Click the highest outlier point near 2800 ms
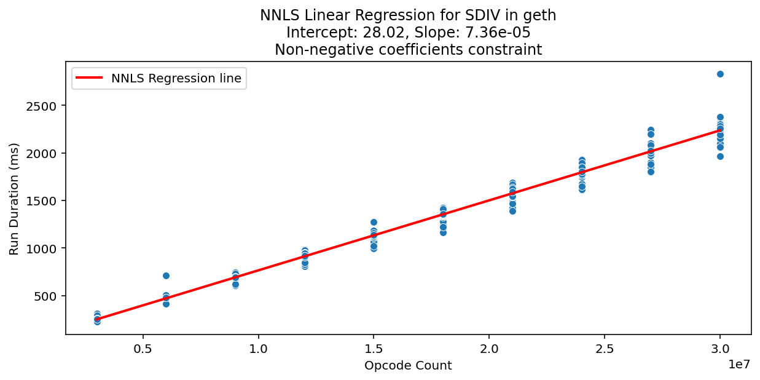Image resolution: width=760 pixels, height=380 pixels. point(720,74)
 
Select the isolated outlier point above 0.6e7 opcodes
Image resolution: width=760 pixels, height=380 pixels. point(166,275)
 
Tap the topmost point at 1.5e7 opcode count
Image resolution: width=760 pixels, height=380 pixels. point(374,222)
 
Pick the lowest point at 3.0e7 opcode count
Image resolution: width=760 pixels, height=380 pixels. point(720,156)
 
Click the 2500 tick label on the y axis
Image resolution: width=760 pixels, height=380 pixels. point(44,106)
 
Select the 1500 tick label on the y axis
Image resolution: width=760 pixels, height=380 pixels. point(44,201)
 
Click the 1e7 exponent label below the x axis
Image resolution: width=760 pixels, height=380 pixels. point(739,364)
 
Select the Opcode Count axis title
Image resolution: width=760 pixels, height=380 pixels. point(408,366)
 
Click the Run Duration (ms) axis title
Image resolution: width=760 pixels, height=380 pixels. point(14,199)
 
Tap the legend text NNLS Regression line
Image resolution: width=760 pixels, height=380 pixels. point(176,78)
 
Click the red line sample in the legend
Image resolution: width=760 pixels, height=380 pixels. point(90,78)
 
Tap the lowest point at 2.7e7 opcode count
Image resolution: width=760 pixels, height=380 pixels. point(651,172)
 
